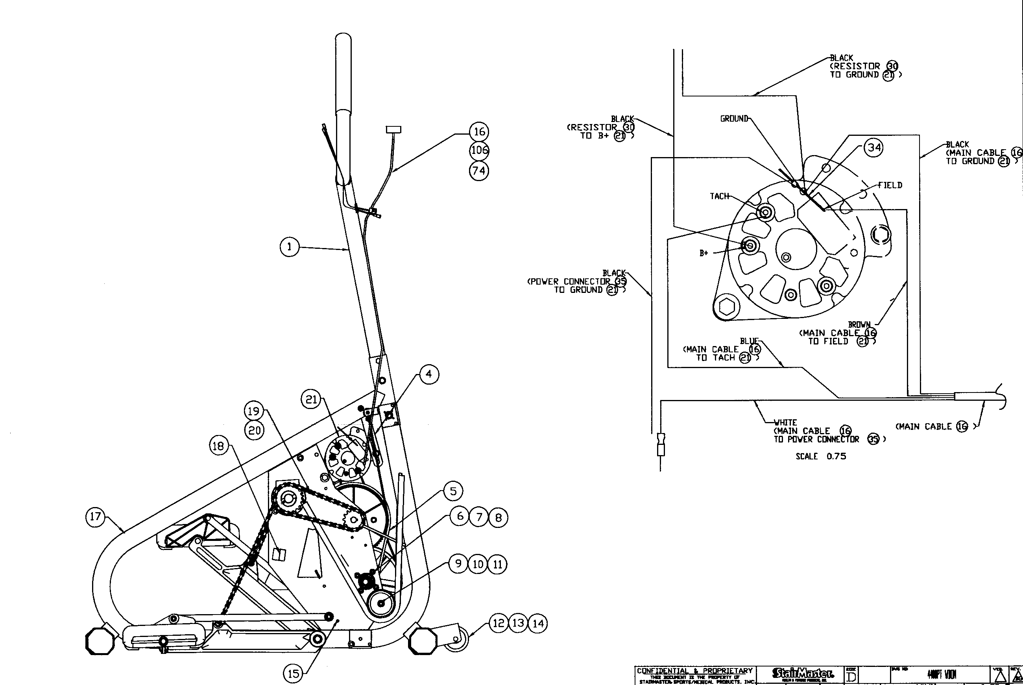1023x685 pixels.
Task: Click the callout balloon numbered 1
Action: click(x=289, y=247)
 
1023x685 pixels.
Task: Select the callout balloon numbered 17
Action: click(x=96, y=517)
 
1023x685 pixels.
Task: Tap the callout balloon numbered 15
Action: click(x=294, y=674)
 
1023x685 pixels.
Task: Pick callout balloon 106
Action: click(x=479, y=151)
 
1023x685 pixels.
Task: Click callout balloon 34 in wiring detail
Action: click(x=873, y=148)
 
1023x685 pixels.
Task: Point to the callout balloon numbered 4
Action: click(x=429, y=374)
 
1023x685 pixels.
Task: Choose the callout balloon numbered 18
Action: click(x=218, y=446)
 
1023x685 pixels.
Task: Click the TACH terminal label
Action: click(x=719, y=196)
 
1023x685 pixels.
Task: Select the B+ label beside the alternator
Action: click(x=704, y=254)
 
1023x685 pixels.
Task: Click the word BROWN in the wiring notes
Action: click(x=859, y=325)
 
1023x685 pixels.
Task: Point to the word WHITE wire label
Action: click(x=785, y=422)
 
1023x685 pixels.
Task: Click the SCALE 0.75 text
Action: click(x=820, y=457)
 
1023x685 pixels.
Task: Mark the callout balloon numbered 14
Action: click(x=538, y=624)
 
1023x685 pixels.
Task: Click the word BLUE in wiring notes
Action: click(x=749, y=341)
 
